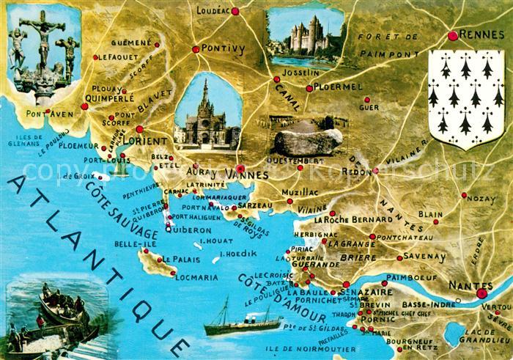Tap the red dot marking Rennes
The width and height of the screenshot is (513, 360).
[x=453, y=35]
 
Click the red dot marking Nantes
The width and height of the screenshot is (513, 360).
[x=481, y=293]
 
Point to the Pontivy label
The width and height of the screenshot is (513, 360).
[x=223, y=49]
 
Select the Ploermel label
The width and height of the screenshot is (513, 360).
[x=339, y=87]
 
